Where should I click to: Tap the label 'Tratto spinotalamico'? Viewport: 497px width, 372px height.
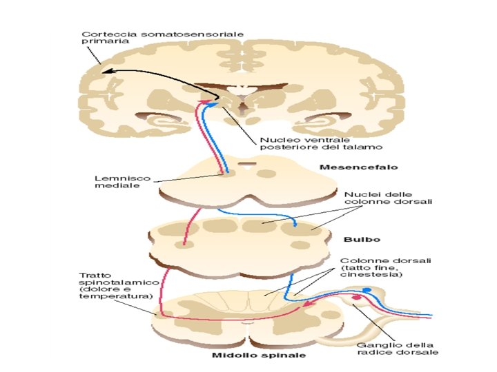[114, 283]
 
